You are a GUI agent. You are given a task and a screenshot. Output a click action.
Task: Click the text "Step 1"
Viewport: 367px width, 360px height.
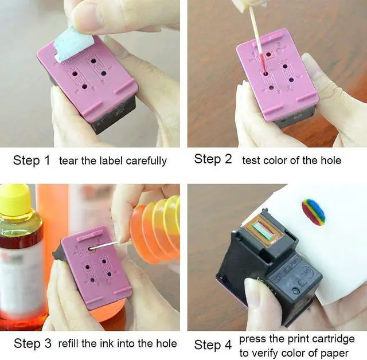pos(32,161)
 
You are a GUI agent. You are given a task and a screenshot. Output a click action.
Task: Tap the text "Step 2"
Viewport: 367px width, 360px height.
pos(213,159)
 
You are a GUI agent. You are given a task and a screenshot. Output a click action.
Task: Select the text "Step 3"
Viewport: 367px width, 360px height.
pos(33,344)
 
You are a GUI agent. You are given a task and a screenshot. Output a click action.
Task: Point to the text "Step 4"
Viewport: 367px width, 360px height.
pos(213,345)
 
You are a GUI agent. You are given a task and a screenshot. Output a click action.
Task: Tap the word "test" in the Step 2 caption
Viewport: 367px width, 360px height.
pos(252,160)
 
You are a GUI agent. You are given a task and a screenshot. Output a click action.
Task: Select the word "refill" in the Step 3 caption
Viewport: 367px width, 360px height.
pos(75,344)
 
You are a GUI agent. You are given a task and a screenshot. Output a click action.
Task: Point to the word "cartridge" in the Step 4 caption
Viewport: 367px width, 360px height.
pos(334,339)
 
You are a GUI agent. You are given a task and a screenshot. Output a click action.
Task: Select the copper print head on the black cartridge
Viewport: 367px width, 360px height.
pos(265,230)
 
